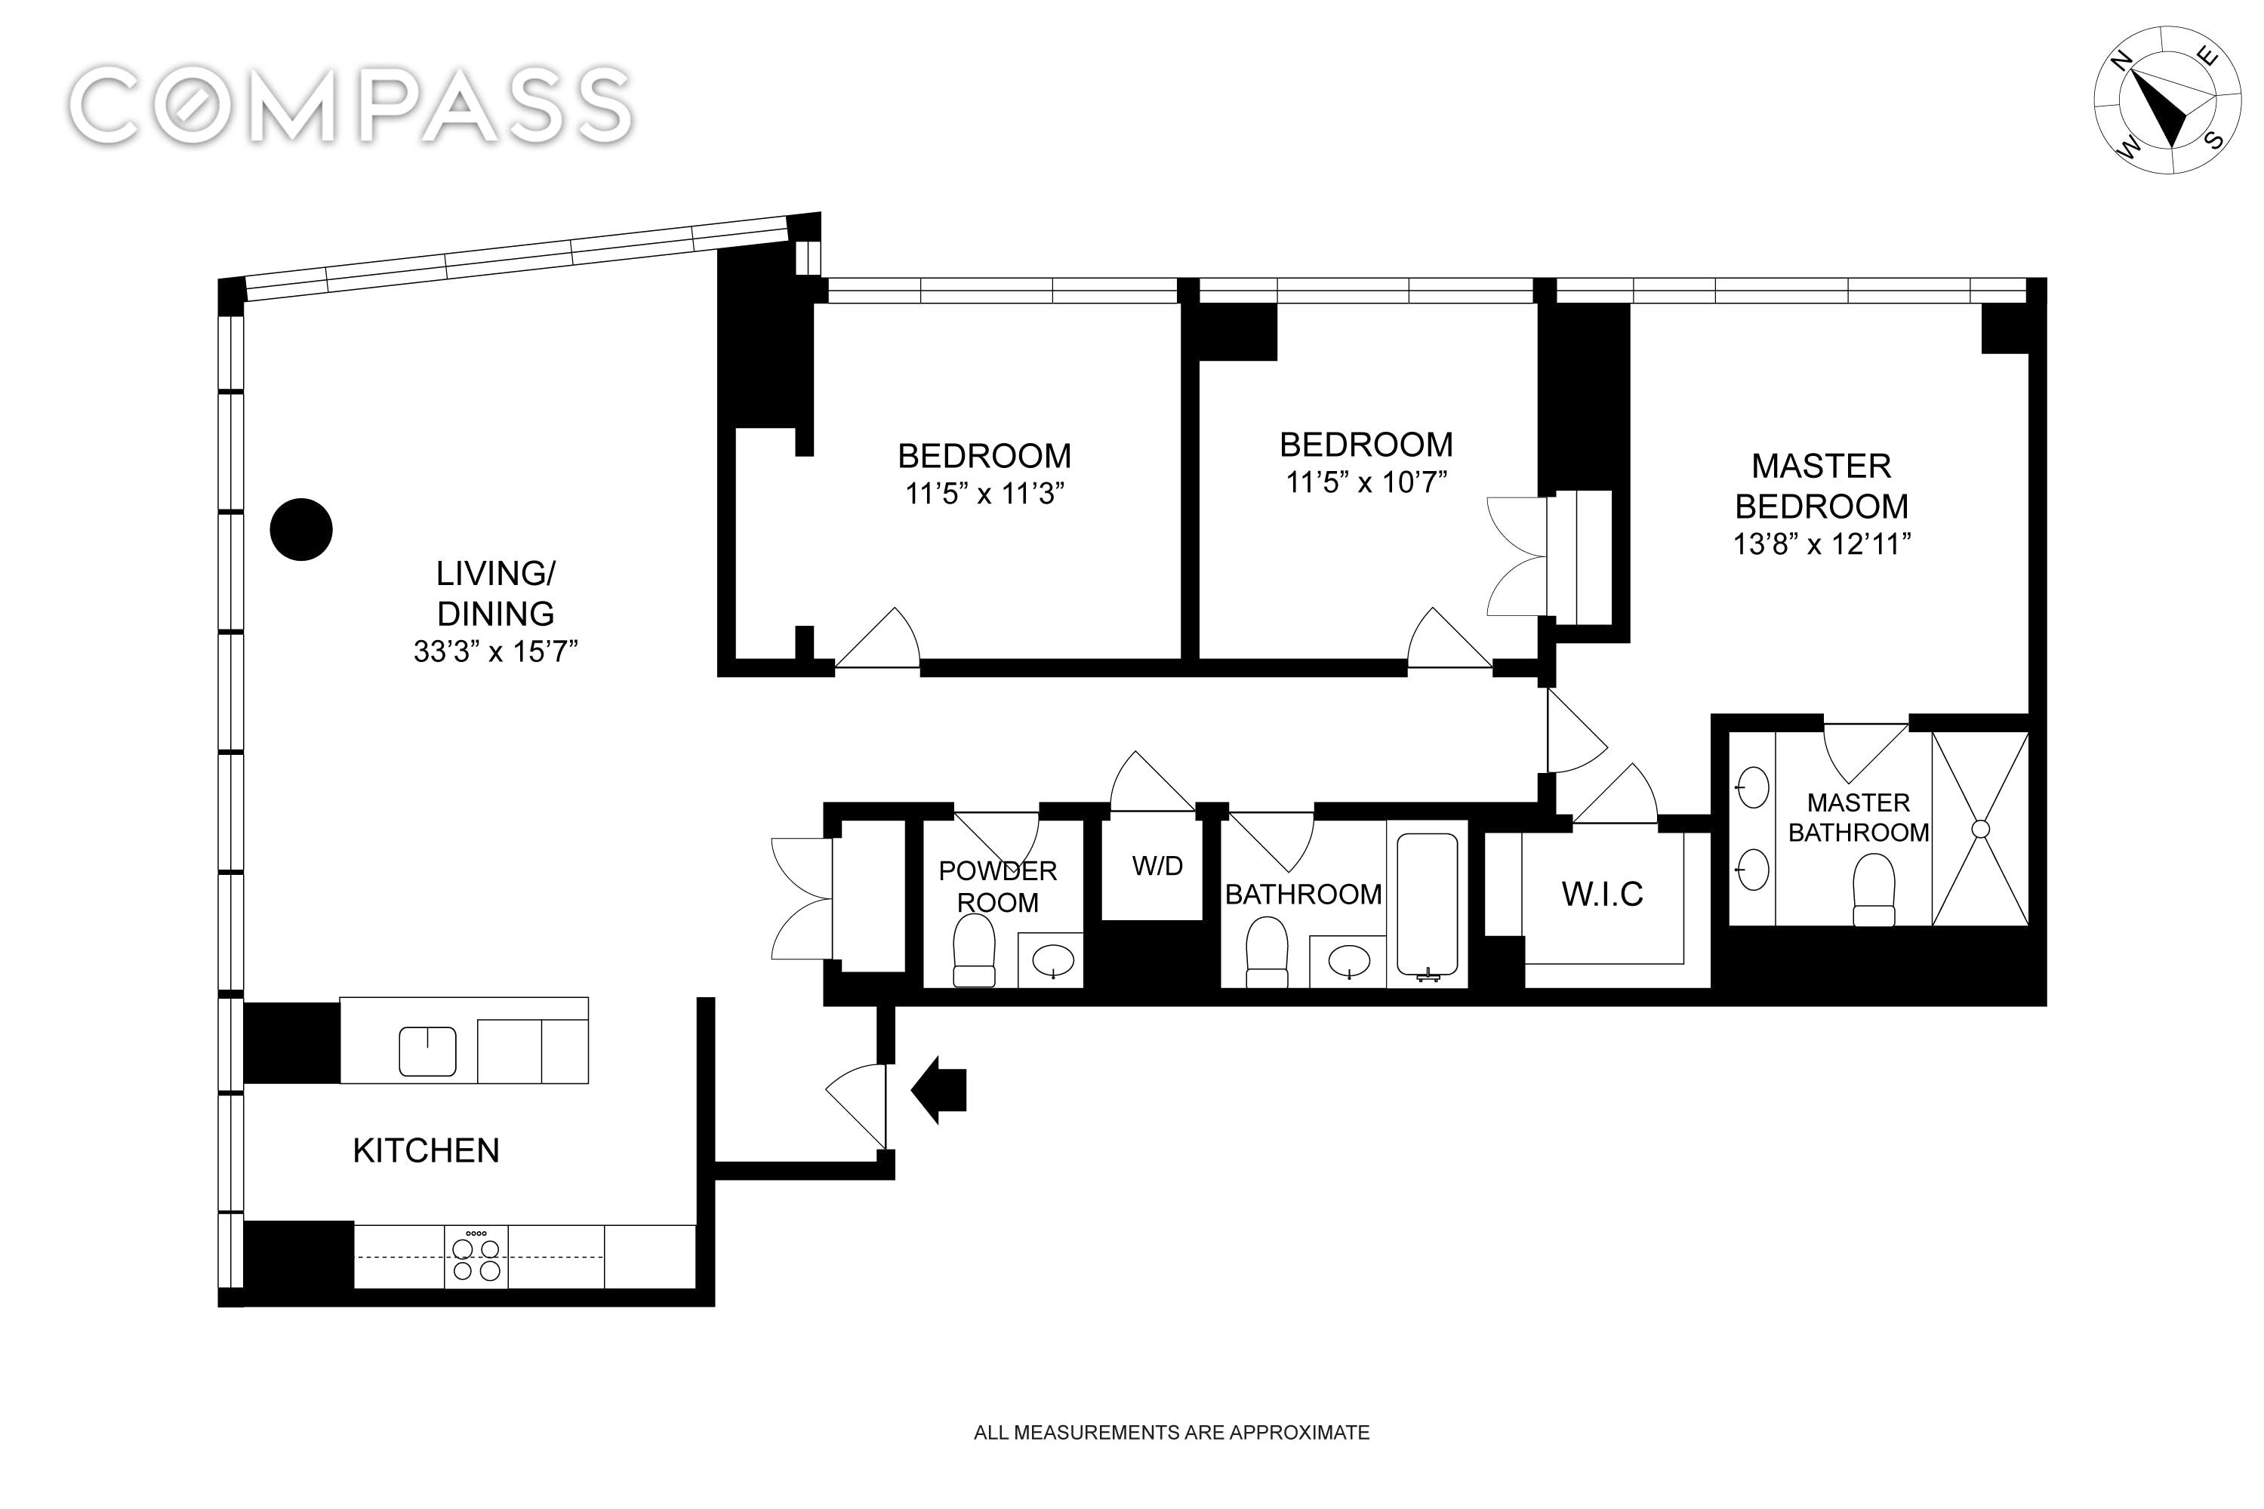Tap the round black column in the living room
point(301,529)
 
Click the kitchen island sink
point(428,1051)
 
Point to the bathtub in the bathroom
point(1427,904)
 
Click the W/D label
point(1157,866)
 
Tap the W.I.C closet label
point(1602,894)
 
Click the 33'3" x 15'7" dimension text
point(495,651)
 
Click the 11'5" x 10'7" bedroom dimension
point(1366,482)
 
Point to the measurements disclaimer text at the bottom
point(1171,1432)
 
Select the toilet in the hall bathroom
point(1266,952)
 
